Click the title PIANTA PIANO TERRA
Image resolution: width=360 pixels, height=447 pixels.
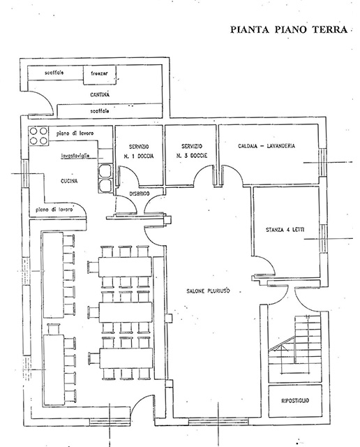tap(289, 29)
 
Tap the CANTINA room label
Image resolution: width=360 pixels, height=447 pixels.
tap(100, 95)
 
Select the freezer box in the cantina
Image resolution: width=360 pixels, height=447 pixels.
tap(100, 75)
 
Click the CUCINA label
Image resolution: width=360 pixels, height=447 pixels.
tap(69, 181)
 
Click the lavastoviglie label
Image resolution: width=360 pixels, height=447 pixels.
tap(76, 156)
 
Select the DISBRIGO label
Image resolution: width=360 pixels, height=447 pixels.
tap(140, 193)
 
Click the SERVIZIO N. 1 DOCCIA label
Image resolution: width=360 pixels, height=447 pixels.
tap(139, 152)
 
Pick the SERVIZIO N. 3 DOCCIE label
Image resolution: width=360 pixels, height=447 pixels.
tap(192, 151)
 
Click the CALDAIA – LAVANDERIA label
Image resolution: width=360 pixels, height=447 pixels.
tap(267, 146)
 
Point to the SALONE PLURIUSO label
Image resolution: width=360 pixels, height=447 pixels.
tap(208, 291)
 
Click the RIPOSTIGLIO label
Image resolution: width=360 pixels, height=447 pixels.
tap(295, 400)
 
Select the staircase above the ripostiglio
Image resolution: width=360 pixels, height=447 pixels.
tap(295, 348)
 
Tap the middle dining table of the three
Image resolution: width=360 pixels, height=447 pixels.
tap(126, 312)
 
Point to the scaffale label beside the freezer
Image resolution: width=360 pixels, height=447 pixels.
tap(54, 73)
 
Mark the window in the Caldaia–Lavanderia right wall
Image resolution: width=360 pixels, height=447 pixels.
tap(322, 161)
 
